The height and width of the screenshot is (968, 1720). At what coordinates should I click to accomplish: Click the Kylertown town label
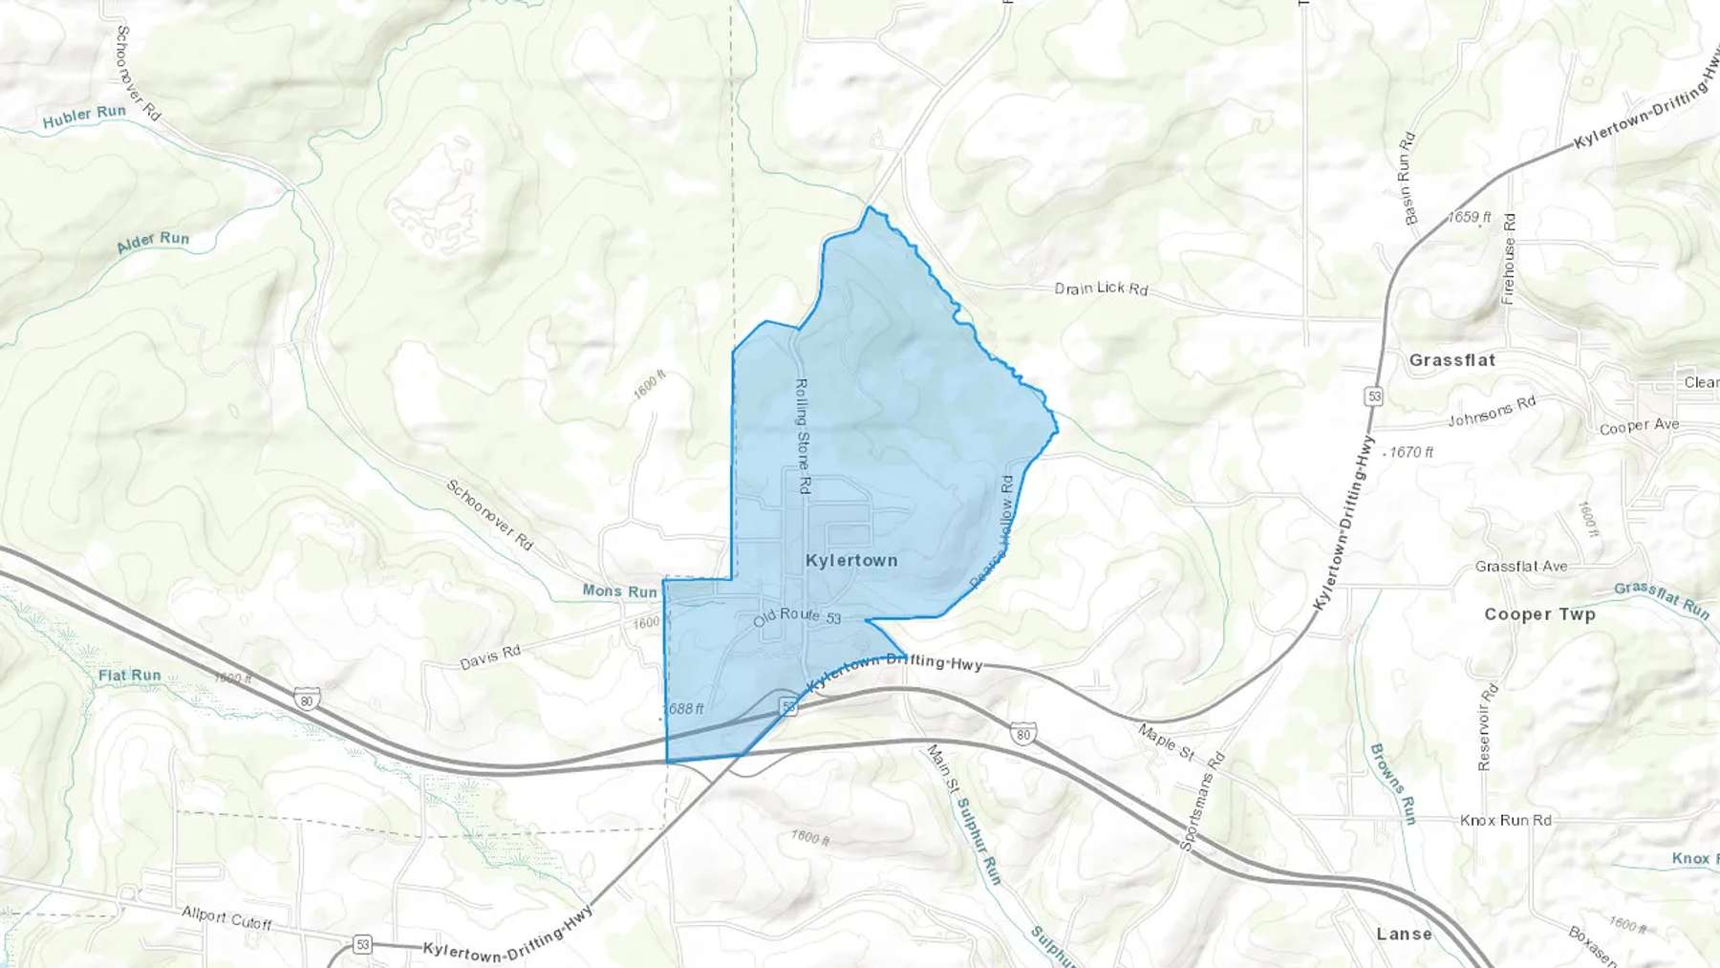[851, 561]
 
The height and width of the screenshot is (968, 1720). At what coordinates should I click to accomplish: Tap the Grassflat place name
[1451, 360]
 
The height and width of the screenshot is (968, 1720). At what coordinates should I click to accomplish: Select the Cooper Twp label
[1539, 614]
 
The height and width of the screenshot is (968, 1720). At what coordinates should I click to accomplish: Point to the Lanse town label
[1404, 935]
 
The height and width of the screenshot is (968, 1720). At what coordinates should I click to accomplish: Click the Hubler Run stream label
[84, 117]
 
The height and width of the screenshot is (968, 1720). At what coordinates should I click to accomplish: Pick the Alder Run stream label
[153, 242]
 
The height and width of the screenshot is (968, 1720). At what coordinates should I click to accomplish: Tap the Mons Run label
[620, 592]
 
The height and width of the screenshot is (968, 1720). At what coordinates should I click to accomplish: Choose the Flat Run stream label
[130, 676]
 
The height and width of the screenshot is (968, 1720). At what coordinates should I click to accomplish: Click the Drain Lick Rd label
[1101, 288]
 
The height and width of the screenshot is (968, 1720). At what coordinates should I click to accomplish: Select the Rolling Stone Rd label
[803, 436]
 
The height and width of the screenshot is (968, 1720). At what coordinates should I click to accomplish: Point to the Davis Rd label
[490, 656]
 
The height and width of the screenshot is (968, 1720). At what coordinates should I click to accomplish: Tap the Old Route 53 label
[797, 616]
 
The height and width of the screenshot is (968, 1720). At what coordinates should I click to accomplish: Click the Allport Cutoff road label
[227, 918]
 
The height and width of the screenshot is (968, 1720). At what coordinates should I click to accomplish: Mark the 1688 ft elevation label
[684, 709]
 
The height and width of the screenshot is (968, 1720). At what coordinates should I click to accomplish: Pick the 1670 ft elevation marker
[1411, 452]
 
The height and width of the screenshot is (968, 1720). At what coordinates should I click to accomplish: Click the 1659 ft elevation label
[1469, 218]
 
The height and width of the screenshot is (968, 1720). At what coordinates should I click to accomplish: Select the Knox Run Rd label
[1505, 820]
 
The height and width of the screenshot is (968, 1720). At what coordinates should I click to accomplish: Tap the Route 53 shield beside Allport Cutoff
[362, 945]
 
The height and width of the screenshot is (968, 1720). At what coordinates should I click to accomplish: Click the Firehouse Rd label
[1509, 259]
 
